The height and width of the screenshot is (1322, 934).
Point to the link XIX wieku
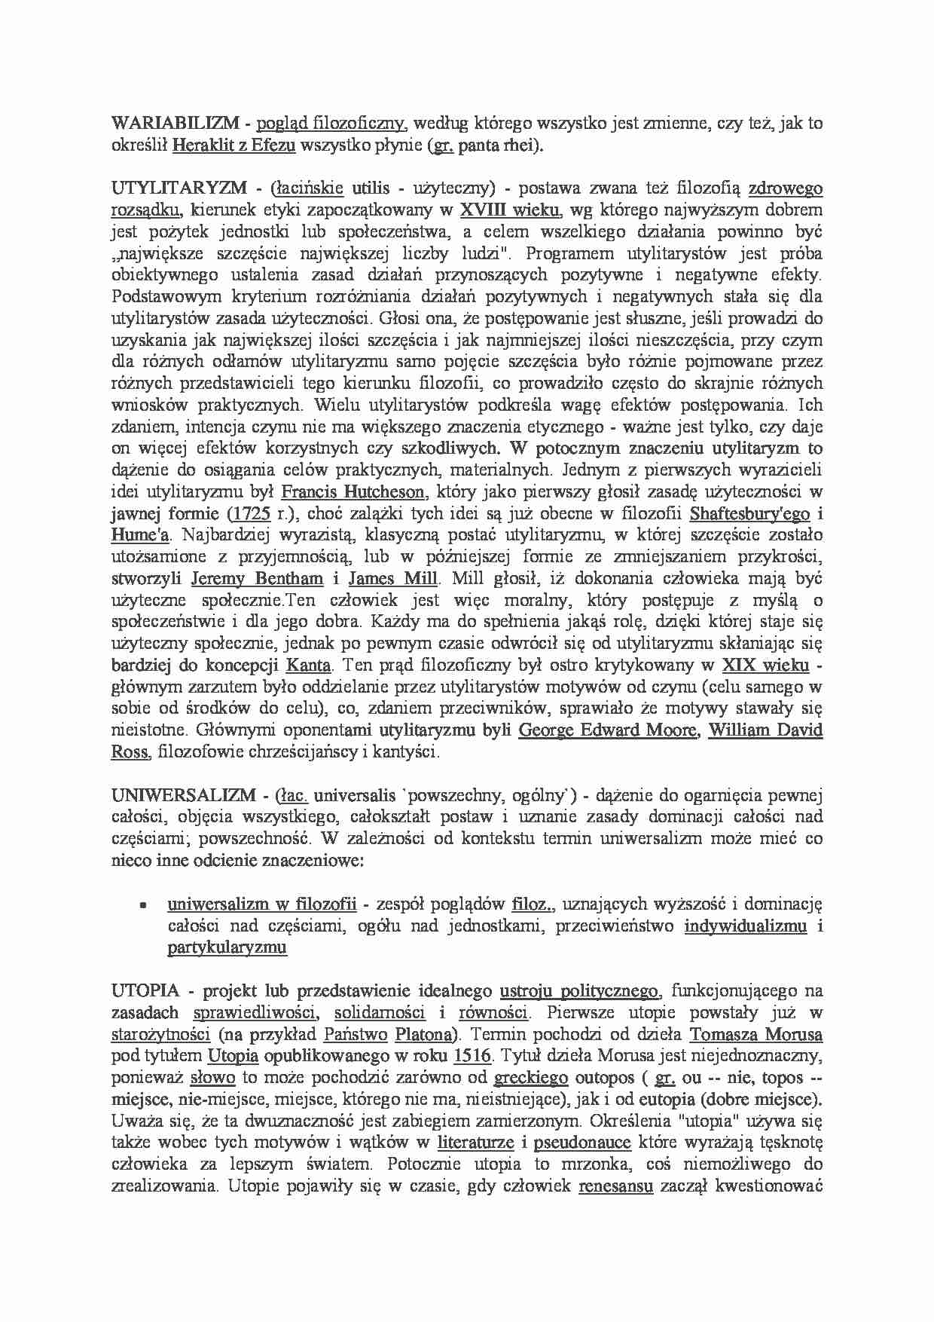[765, 666]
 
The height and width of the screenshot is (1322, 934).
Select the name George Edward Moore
[608, 730]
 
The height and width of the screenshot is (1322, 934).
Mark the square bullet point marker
[141, 904]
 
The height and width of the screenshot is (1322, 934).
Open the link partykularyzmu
[227, 948]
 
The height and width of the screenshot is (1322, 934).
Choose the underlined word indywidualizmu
[745, 926]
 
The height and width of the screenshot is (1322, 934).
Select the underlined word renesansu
[615, 1186]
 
